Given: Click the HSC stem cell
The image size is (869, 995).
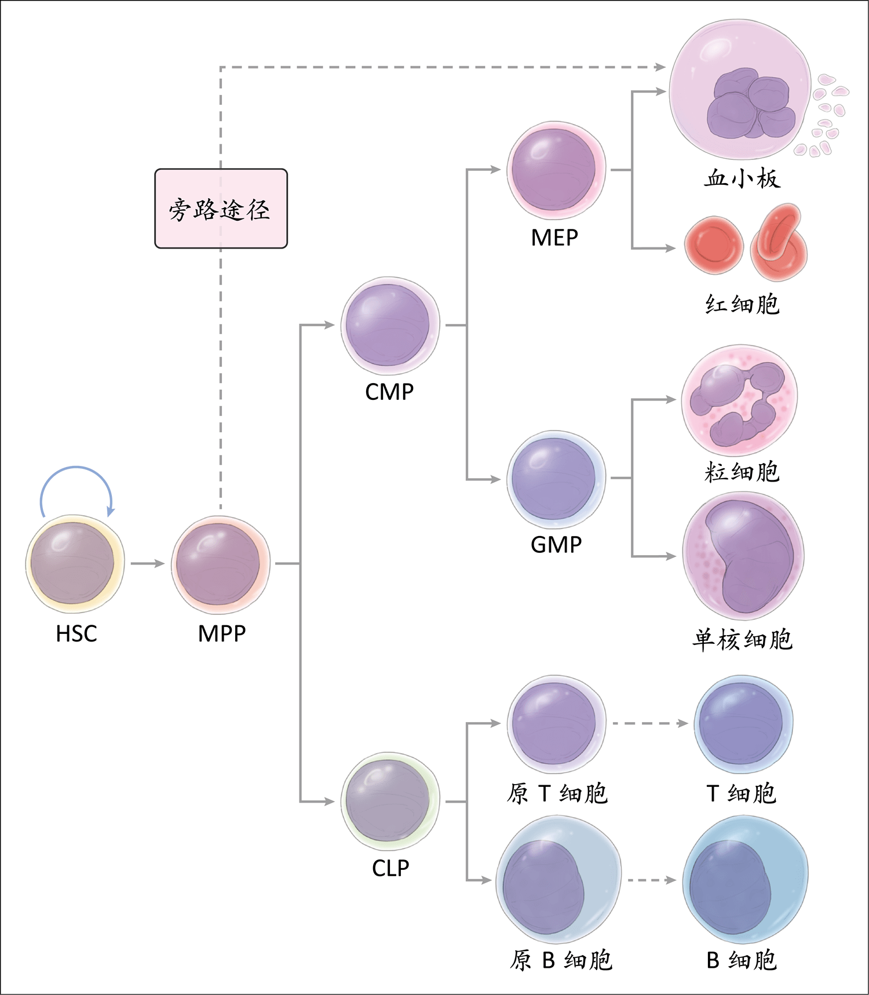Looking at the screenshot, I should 75,564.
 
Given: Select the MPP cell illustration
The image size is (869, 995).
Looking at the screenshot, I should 220,564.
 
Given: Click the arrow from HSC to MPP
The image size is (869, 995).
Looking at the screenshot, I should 148,563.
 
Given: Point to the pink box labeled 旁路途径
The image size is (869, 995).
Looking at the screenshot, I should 221,209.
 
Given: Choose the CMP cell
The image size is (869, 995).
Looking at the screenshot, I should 390,325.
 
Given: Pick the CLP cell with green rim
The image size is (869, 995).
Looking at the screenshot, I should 390,801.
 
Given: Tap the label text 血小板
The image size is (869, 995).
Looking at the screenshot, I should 742,178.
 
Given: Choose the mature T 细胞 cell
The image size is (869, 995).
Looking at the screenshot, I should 743,724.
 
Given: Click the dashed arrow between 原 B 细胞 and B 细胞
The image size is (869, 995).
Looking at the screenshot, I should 652,880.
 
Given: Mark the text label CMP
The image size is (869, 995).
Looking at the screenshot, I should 389,392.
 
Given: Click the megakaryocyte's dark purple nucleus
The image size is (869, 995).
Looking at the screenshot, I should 751,104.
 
